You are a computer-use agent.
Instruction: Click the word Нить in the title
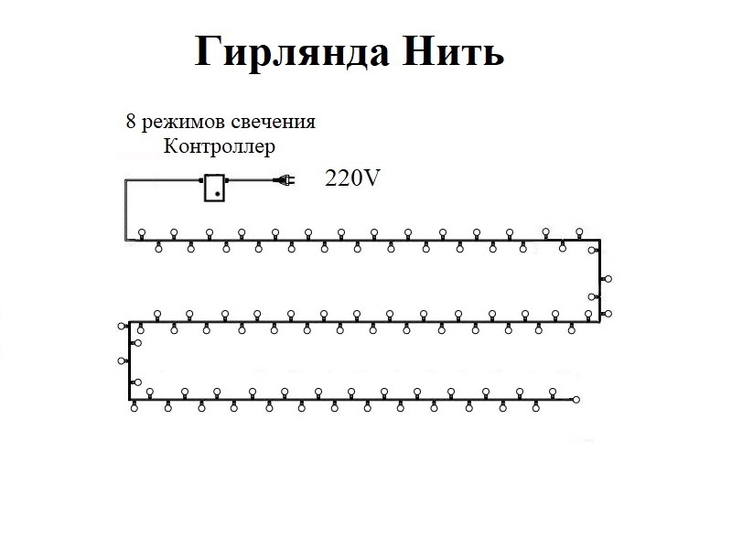coord(453,52)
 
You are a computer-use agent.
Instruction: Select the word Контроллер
coord(218,145)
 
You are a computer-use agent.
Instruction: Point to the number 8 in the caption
coord(129,122)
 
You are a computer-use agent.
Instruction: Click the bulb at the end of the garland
coord(576,399)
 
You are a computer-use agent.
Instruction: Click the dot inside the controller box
coord(217,193)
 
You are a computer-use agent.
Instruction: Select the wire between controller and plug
coord(251,181)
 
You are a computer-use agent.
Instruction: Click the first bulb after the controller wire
coord(142,231)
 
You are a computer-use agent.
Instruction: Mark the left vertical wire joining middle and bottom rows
coord(129,361)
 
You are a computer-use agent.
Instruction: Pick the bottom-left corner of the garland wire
coord(129,399)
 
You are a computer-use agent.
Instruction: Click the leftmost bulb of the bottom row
coord(135,409)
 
